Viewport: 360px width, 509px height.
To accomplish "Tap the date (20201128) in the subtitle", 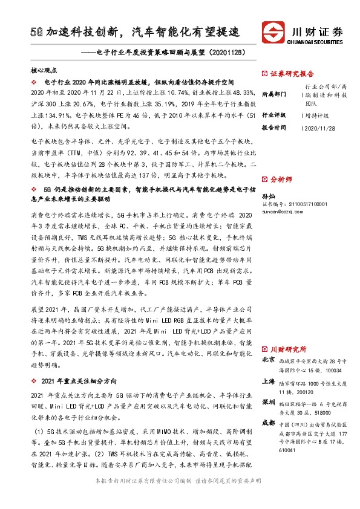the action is coord(228,53).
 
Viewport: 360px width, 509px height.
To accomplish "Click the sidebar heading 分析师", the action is coord(281,180).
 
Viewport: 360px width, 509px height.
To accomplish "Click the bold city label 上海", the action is coord(268,382).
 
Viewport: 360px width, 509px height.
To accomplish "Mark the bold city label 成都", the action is coord(268,424).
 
